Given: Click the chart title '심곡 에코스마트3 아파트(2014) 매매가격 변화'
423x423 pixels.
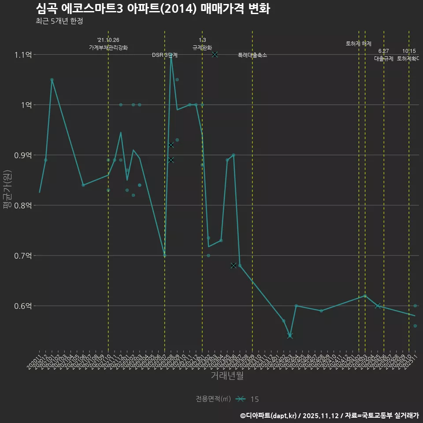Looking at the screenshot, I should tap(152, 8).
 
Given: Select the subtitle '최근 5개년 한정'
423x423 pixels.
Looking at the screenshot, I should tap(59, 21).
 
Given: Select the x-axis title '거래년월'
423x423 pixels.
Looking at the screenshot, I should tap(227, 376).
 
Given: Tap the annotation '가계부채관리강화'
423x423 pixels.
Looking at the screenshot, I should tap(108, 48).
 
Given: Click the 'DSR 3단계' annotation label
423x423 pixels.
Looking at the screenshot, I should tap(165, 56).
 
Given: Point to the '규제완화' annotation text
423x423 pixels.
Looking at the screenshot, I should tap(202, 48).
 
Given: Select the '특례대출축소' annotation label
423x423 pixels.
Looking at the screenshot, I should tap(252, 56).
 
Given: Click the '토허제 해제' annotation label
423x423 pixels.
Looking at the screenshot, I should tap(359, 44).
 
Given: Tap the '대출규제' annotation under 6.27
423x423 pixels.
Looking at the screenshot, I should tap(384, 59).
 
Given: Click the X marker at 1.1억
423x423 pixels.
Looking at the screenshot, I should tap(215, 54).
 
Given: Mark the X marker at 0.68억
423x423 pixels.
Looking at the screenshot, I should tap(234, 265).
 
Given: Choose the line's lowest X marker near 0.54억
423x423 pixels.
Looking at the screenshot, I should tap(290, 336).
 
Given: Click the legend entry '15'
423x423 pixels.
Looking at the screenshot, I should tap(254, 399).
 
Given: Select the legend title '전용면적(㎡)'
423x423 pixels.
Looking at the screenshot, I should tap(213, 399).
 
